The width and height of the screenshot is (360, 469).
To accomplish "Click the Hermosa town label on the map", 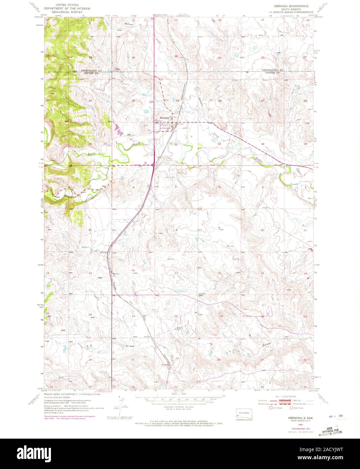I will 165,118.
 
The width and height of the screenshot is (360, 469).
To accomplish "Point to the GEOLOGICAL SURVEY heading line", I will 60,11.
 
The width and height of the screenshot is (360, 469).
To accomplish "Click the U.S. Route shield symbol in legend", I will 270,408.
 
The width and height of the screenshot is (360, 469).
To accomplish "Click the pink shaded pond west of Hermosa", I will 118,129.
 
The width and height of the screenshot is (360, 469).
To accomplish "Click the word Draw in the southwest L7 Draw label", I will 130,347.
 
